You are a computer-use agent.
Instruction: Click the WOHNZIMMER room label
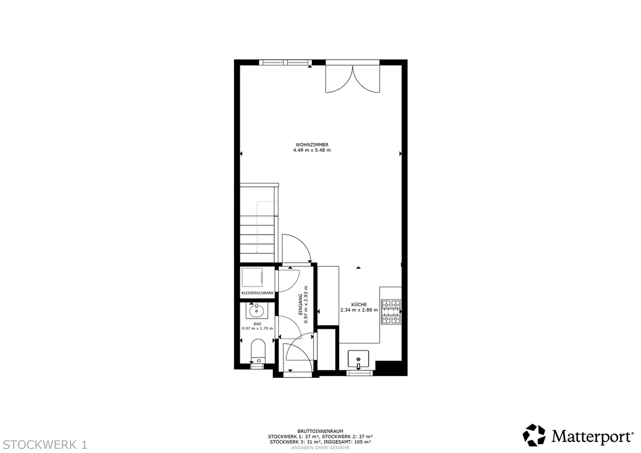(312, 145)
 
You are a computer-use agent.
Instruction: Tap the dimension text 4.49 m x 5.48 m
(312, 150)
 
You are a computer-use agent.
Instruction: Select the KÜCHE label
(359, 305)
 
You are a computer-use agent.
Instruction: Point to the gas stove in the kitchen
(391, 312)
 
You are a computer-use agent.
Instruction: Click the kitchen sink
(358, 359)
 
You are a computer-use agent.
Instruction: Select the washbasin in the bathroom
(257, 311)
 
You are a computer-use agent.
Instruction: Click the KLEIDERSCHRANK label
(257, 293)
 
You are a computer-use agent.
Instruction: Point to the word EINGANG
(300, 304)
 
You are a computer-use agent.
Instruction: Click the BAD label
(257, 324)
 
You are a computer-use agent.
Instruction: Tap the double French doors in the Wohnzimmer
(353, 77)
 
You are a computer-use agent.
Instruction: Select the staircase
(259, 223)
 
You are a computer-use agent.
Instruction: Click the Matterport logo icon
(534, 435)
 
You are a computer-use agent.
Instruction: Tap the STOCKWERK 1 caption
(45, 444)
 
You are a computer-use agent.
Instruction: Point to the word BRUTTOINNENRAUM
(320, 431)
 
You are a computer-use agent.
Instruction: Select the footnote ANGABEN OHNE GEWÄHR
(320, 448)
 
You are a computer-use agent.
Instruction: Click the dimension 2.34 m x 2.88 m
(359, 310)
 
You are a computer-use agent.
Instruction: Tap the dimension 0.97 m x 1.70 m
(257, 328)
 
